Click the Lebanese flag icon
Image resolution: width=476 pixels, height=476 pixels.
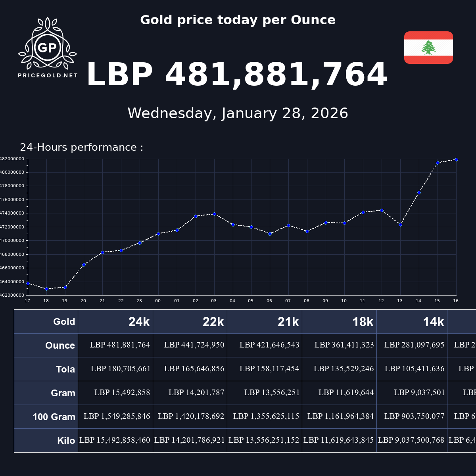[428, 48]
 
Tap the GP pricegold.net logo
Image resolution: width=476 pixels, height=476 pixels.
[48, 48]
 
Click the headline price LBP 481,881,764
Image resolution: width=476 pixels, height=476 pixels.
[236, 75]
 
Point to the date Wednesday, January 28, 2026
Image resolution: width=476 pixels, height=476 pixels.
[238, 113]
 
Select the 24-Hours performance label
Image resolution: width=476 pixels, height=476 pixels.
[81, 148]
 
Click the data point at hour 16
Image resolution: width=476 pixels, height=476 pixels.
[456, 159]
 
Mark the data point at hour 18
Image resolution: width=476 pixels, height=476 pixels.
[46, 289]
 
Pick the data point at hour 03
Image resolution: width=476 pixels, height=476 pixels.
[214, 214]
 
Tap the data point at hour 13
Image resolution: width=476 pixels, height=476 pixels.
[400, 225]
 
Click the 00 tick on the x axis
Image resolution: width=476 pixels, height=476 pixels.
[158, 301]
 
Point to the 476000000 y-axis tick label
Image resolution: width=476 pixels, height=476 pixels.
[13, 200]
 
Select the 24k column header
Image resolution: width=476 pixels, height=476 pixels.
[139, 322]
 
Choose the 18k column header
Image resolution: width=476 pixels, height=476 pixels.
[363, 322]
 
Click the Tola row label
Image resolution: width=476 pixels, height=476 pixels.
[65, 369]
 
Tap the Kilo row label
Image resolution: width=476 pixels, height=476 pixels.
[66, 441]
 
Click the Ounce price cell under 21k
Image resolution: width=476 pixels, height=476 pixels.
[269, 345]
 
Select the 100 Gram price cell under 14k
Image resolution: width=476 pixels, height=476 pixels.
[414, 416]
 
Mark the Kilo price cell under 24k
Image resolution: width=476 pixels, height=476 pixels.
[115, 440]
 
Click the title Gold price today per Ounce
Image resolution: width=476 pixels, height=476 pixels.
[238, 20]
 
